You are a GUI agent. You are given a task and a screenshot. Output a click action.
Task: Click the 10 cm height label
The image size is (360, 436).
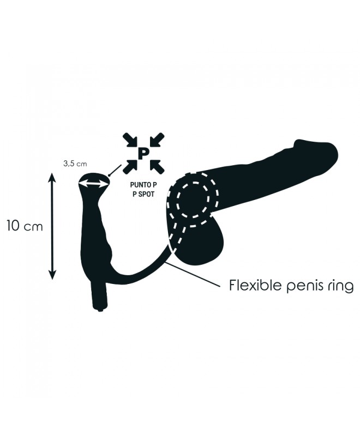pos(25,226)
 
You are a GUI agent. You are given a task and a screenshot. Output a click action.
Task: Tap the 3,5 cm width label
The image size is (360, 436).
pos(75,163)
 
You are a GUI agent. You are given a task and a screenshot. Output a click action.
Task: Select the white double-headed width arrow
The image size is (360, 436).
pos(93,184)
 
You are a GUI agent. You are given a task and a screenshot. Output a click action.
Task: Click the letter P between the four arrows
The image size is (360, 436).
pos(142,154)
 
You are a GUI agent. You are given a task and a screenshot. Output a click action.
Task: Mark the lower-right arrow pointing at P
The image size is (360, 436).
pos(157,167)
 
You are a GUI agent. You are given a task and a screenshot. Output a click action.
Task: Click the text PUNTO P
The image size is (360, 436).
pos(142,185)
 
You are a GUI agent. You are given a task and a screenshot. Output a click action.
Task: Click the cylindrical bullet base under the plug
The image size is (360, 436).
pos(99,296)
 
